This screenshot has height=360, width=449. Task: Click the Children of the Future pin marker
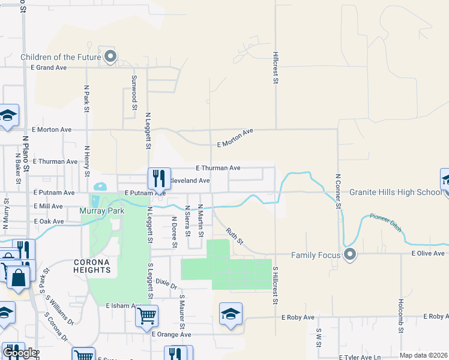[110, 57]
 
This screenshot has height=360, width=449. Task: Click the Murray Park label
[99, 212]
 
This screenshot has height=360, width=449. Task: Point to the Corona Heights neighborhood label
[92, 266]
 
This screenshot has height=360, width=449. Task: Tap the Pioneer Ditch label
[385, 223]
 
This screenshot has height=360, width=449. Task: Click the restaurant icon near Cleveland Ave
[159, 178]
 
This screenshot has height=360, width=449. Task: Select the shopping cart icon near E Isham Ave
[146, 315]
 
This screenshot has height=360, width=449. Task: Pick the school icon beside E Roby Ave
[231, 314]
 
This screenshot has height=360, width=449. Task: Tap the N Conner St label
[338, 191]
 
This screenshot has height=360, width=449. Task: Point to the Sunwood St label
[133, 93]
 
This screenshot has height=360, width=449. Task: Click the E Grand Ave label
[49, 68]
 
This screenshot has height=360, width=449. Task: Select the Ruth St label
[235, 236]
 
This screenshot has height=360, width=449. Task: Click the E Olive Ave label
[428, 253]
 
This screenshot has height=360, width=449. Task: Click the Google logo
[19, 353]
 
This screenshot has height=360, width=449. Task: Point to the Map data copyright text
[423, 355]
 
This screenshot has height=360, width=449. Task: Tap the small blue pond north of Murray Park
[100, 186]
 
